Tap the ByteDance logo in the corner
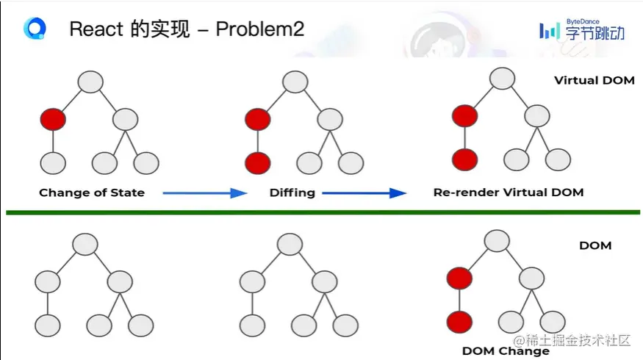tap(581, 30)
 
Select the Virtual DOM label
tap(594, 80)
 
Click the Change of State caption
tap(92, 192)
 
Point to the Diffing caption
tap(292, 192)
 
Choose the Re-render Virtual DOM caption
tap(509, 192)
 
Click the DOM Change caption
tap(506, 350)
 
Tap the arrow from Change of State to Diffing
tap(204, 192)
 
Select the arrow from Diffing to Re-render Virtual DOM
tap(364, 192)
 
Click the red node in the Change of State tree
tap(53, 118)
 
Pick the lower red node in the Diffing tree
tap(257, 162)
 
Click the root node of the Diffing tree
tap(294, 82)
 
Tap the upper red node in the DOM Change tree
tap(460, 278)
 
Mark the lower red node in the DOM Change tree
tap(460, 321)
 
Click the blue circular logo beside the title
tap(34, 29)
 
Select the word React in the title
tap(96, 29)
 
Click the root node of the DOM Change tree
tap(497, 240)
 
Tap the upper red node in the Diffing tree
tap(257, 118)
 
